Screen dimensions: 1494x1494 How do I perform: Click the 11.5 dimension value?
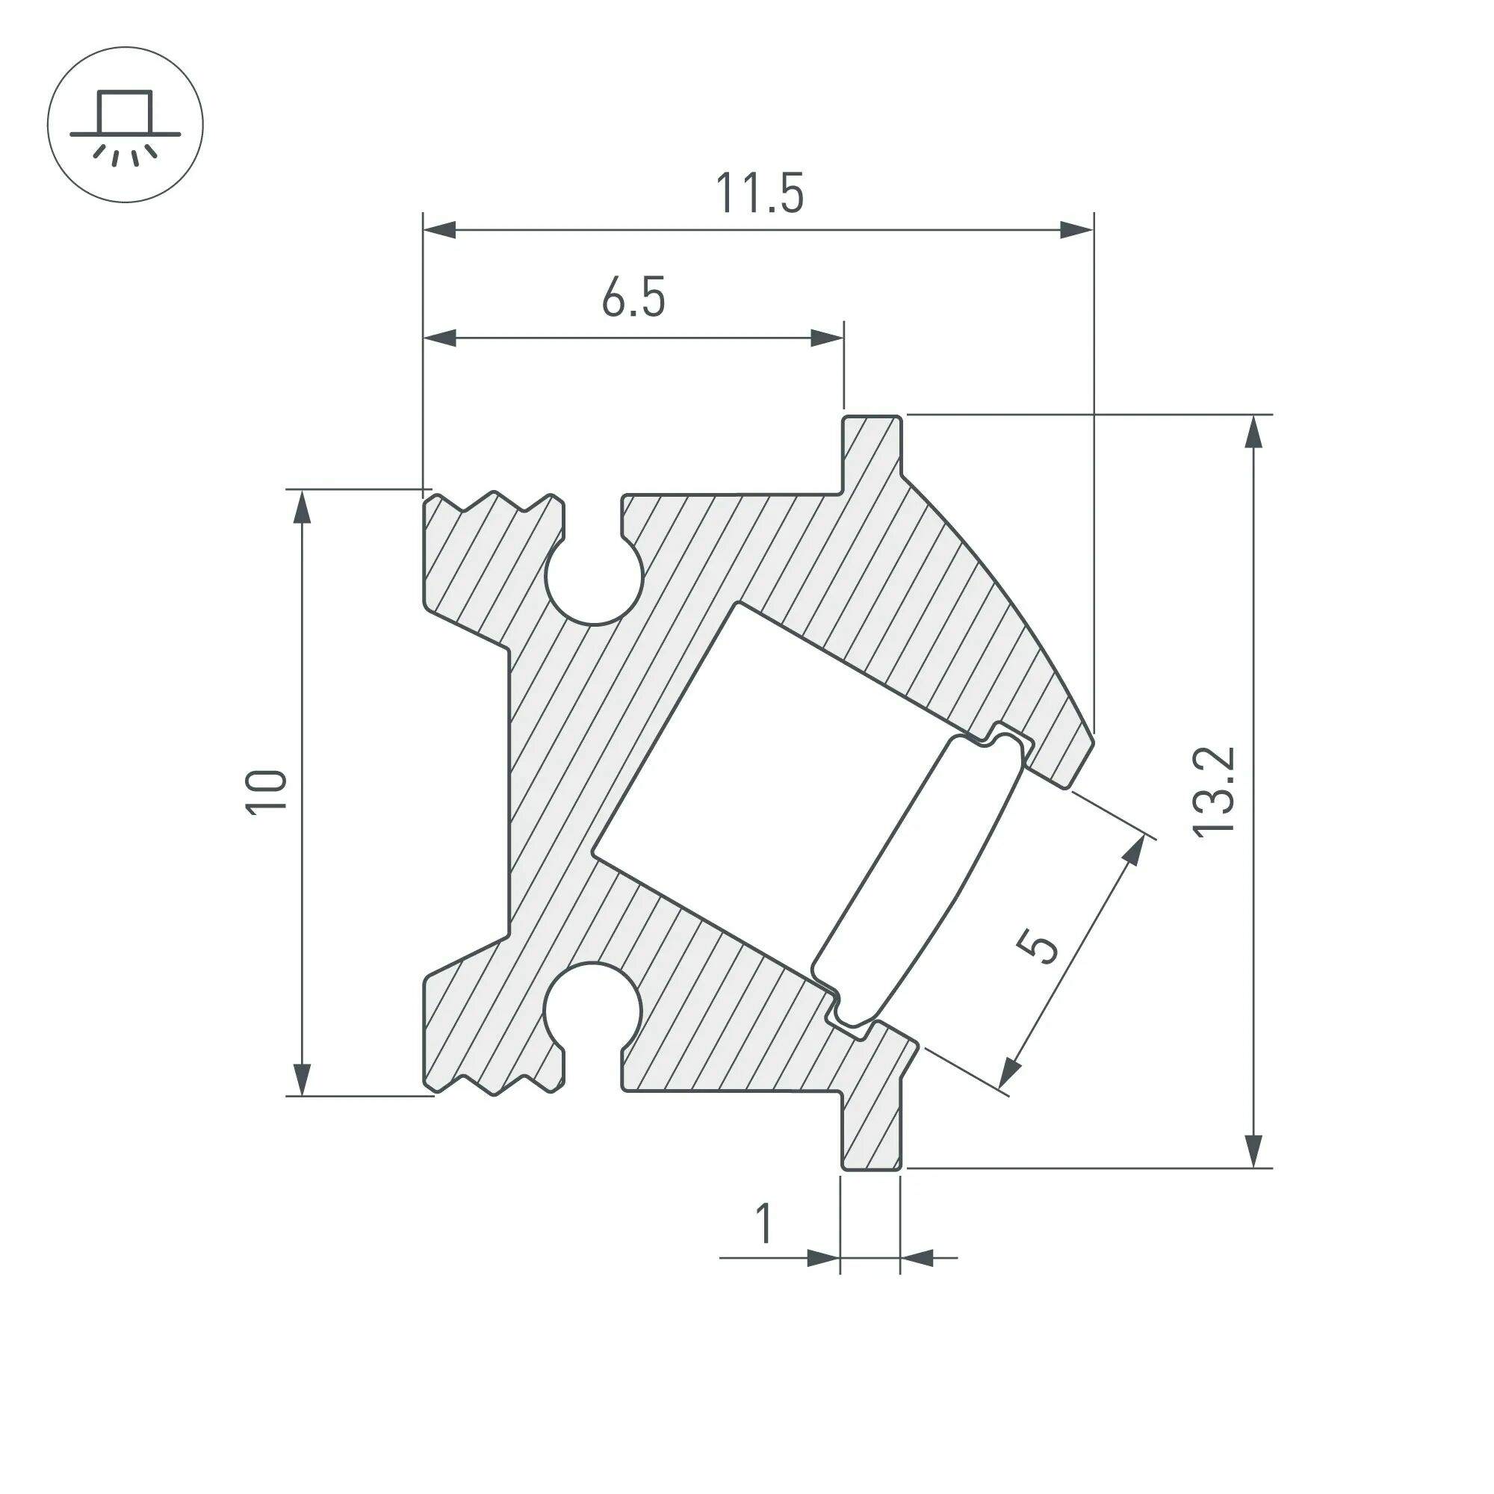760,193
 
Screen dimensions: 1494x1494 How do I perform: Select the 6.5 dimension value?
633,299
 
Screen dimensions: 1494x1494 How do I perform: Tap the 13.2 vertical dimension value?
1213,792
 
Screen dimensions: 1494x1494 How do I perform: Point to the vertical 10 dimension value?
265,792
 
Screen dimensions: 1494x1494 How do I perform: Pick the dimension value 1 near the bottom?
764,1224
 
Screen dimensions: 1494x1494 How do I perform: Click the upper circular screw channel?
594,577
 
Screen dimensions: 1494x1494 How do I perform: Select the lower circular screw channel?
593,1009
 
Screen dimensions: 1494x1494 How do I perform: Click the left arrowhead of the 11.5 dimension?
439,229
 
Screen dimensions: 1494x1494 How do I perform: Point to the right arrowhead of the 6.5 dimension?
827,338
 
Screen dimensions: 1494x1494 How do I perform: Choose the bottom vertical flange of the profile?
872,1137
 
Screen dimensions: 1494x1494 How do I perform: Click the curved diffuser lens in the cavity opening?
920,881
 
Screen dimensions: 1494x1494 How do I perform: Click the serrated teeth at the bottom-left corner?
495,1082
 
